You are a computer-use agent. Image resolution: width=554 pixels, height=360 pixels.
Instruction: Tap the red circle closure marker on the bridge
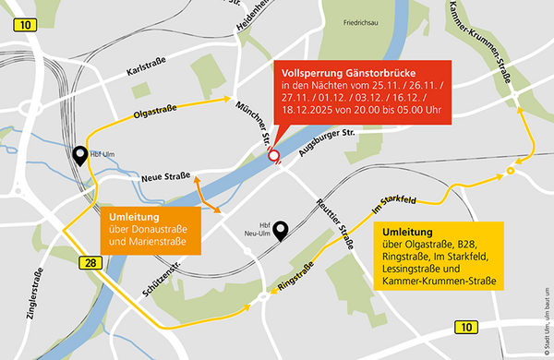273,156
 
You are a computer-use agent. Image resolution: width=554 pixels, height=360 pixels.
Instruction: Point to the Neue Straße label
166,175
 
